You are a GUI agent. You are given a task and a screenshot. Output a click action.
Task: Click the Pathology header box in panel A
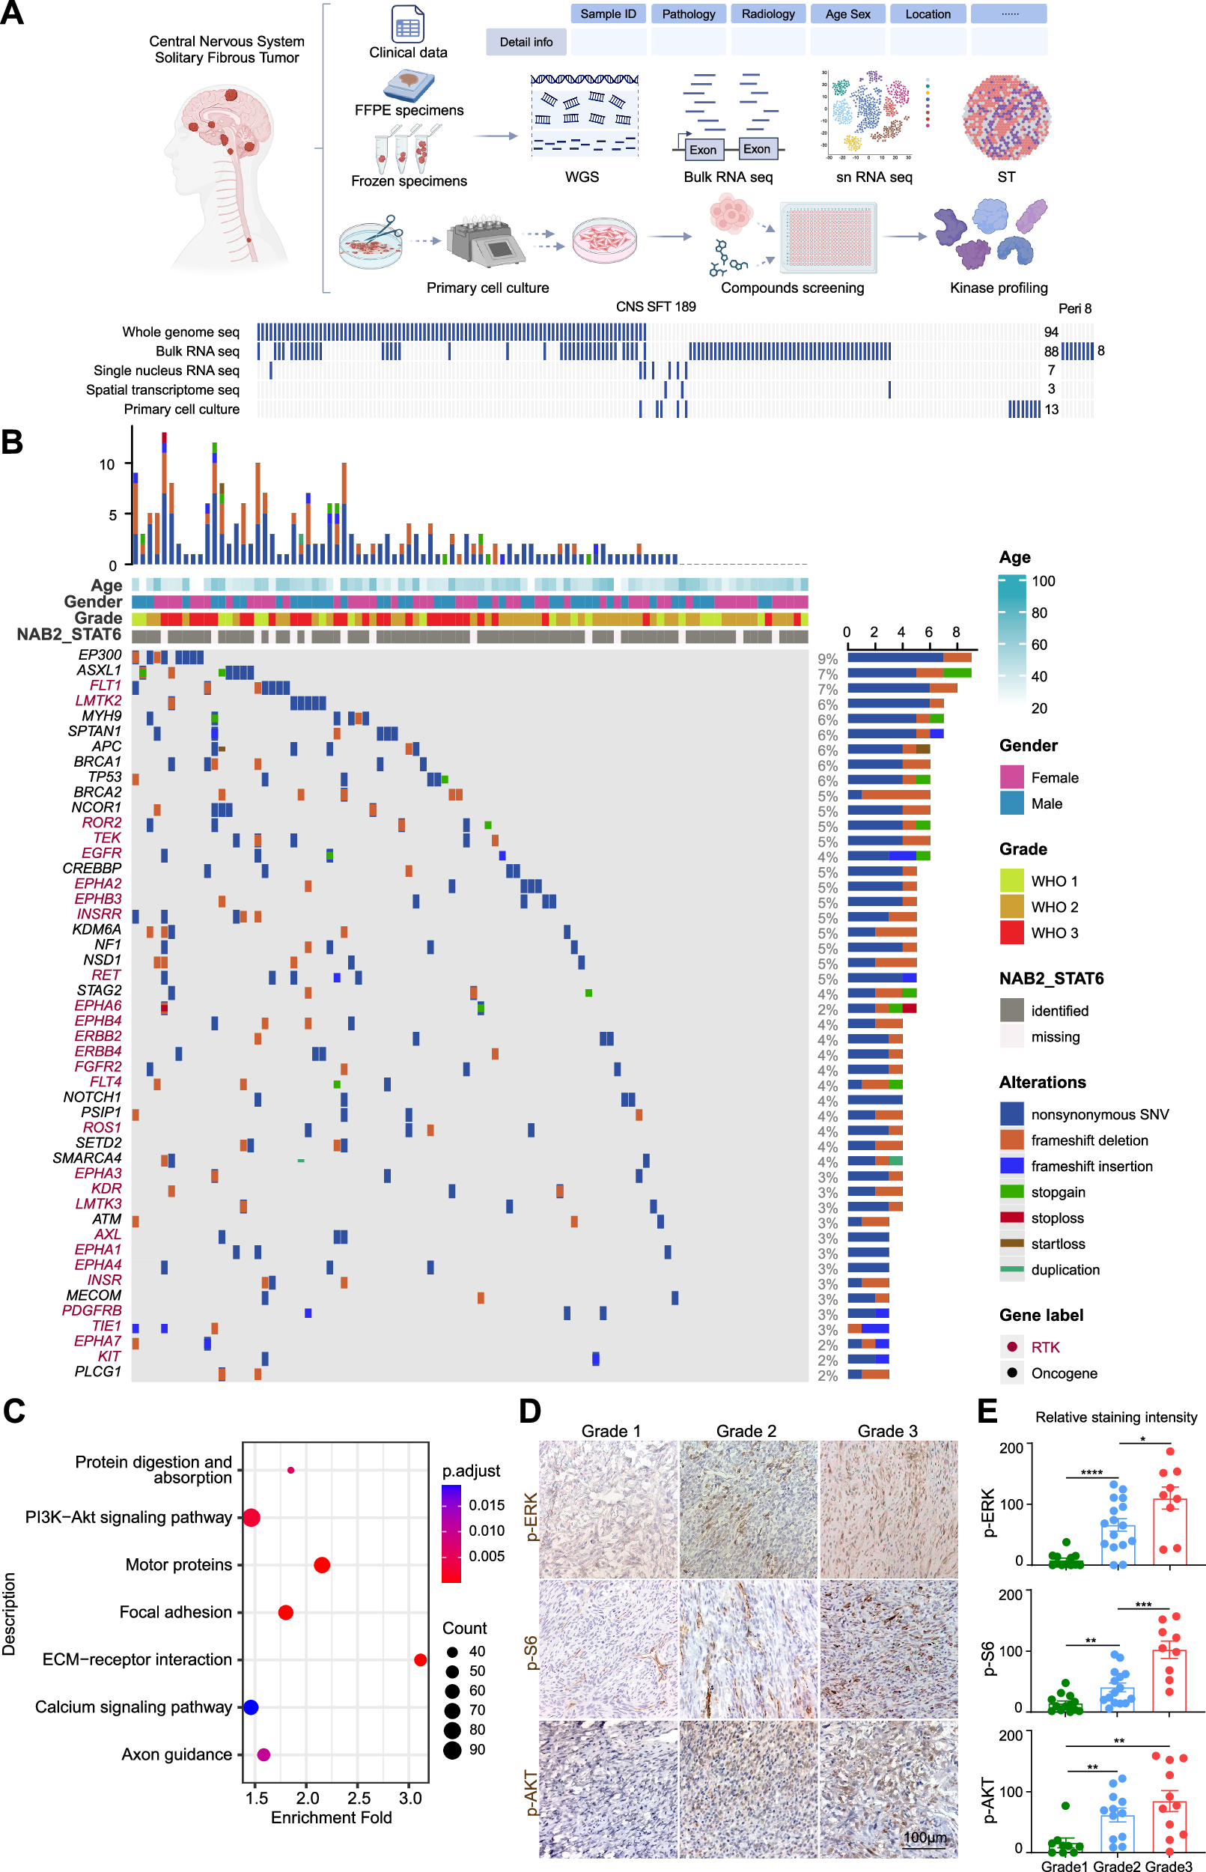click(689, 14)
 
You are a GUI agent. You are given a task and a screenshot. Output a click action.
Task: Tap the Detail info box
click(526, 41)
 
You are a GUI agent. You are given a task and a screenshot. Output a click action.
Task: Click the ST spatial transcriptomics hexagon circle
click(1005, 118)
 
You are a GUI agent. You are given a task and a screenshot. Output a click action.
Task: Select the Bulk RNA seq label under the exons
click(728, 177)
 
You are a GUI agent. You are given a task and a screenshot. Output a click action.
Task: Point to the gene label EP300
click(100, 654)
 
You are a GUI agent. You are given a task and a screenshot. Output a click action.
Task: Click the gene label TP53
click(104, 777)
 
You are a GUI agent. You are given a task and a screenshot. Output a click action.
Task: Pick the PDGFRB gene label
click(91, 1310)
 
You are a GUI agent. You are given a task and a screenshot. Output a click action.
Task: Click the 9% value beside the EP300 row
click(828, 660)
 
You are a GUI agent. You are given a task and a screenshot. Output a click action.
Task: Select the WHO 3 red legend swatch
click(1012, 933)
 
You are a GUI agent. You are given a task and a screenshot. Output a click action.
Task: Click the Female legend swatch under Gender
click(1012, 778)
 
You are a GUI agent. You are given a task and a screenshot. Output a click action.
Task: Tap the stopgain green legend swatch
click(1012, 1192)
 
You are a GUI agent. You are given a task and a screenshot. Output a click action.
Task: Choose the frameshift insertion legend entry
click(1091, 1167)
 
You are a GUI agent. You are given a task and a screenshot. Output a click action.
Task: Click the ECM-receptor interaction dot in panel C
click(421, 1660)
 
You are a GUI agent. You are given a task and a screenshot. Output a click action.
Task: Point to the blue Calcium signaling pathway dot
click(251, 1707)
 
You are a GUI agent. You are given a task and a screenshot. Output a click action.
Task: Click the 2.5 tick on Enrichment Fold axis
click(359, 1798)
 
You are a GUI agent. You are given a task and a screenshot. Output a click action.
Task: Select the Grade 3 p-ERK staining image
click(888, 1509)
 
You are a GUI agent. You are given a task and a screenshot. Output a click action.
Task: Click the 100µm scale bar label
click(925, 1838)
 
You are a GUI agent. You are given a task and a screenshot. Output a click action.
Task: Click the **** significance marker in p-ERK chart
click(1091, 1474)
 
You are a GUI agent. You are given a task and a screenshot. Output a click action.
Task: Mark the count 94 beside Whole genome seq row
click(1051, 332)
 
